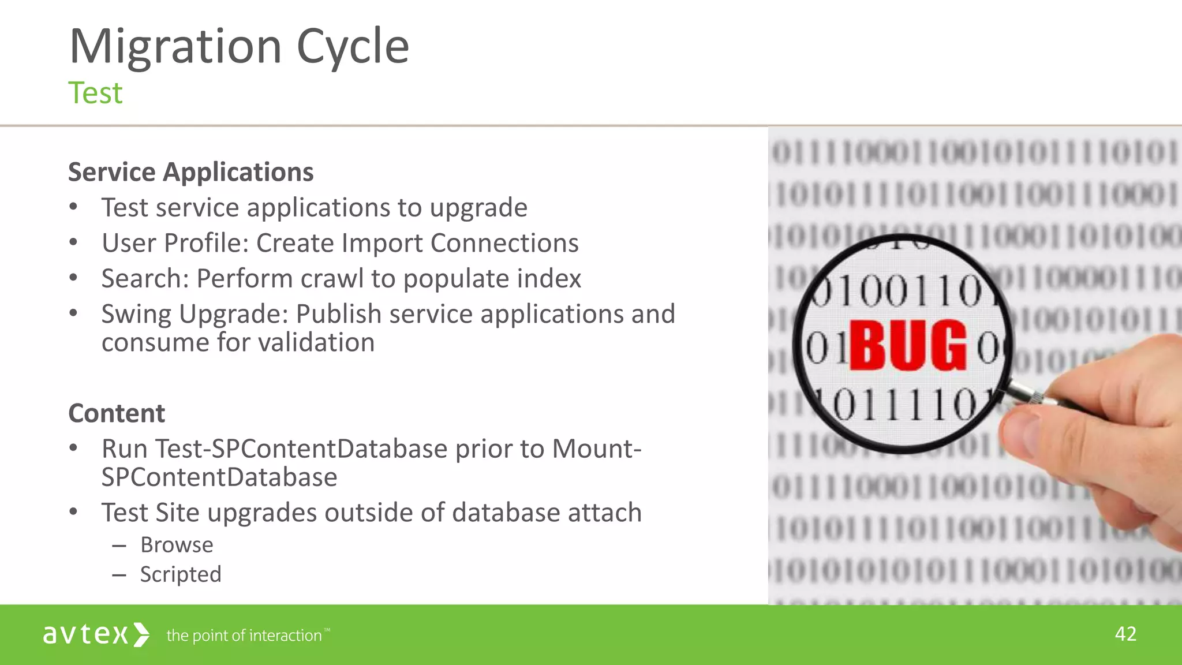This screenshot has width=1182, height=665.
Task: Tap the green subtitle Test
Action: pyautogui.click(x=95, y=93)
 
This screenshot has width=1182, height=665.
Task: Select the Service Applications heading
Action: pyautogui.click(x=190, y=172)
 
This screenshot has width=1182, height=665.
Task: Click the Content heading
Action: pyautogui.click(x=117, y=413)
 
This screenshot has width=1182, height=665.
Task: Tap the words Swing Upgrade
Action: pyautogui.click(x=194, y=315)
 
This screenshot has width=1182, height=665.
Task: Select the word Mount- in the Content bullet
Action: pyautogui.click(x=597, y=449)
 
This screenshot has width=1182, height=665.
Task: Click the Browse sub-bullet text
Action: pyautogui.click(x=177, y=545)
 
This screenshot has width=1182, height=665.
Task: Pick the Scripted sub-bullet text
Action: pyautogui.click(x=181, y=574)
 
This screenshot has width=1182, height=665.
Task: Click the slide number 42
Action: pyautogui.click(x=1125, y=634)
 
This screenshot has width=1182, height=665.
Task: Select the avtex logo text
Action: pyautogui.click(x=85, y=634)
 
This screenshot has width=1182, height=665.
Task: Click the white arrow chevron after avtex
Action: pyautogui.click(x=141, y=634)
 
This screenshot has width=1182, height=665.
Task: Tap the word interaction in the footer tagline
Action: pyautogui.click(x=285, y=636)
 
